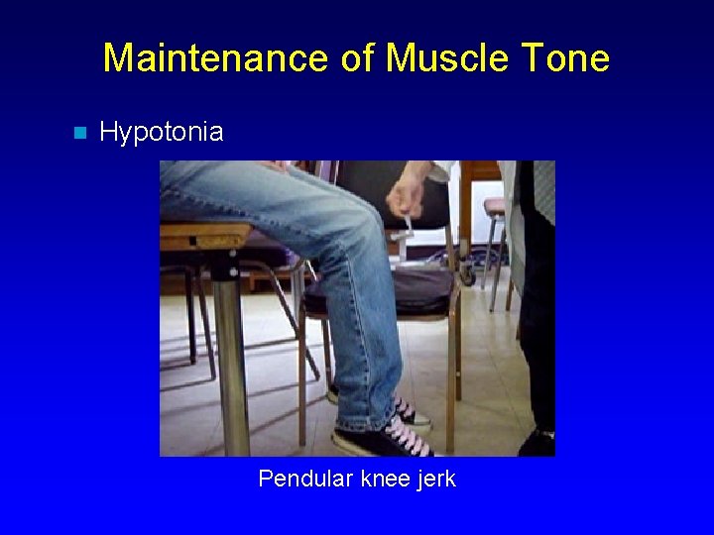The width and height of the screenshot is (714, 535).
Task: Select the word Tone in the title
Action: (x=564, y=58)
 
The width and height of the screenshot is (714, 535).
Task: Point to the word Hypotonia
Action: (x=162, y=132)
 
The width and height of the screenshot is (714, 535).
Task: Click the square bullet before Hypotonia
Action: (x=80, y=133)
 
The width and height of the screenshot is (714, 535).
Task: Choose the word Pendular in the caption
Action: (x=304, y=480)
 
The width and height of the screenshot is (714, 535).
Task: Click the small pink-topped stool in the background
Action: (x=494, y=206)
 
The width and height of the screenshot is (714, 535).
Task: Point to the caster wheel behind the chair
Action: (x=465, y=276)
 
